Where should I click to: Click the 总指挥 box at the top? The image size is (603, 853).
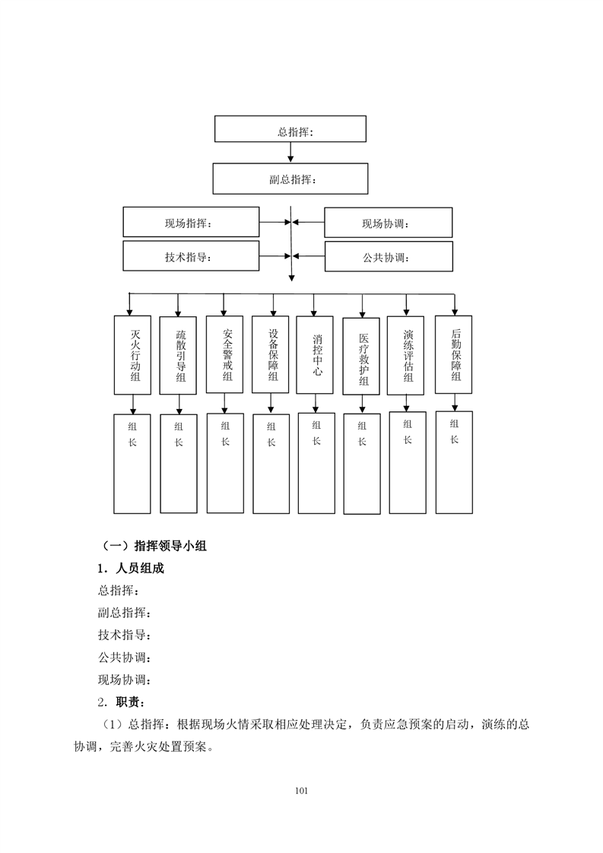click(290, 129)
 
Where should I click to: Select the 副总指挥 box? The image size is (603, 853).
click(290, 179)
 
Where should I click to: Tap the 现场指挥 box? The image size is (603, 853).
click(191, 222)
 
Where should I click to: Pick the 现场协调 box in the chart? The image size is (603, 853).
click(388, 223)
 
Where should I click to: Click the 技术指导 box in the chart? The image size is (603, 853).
click(191, 255)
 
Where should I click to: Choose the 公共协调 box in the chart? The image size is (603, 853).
click(389, 256)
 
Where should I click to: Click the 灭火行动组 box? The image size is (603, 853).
click(132, 355)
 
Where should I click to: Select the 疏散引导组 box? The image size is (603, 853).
click(178, 355)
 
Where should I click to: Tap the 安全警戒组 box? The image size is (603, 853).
click(225, 354)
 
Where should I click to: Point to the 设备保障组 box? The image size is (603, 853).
click(271, 354)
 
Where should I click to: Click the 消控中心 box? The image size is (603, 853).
click(315, 355)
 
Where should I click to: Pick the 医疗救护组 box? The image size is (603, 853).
click(361, 357)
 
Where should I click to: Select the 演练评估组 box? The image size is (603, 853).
click(405, 355)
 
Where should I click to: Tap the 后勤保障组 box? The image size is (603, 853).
click(454, 354)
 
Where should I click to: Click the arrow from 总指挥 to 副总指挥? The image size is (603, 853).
click(290, 152)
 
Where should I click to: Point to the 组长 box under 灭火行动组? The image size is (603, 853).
click(132, 464)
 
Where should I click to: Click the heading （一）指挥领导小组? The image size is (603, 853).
click(154, 546)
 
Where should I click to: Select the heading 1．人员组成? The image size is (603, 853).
click(131, 569)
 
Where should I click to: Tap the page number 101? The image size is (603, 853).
click(301, 791)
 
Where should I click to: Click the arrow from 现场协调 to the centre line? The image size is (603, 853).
click(309, 223)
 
